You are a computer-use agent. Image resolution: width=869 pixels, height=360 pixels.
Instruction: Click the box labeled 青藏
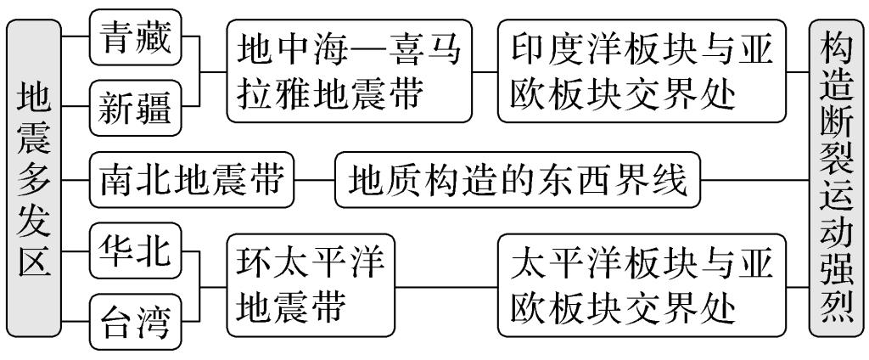[136, 39]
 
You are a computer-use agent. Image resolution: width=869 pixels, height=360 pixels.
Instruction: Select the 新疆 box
[136, 109]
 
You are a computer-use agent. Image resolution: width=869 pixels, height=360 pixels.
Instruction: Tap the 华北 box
[136, 250]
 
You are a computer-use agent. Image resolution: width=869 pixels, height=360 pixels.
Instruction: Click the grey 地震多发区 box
[33, 180]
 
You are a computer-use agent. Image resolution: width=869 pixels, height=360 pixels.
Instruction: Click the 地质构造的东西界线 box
[519, 180]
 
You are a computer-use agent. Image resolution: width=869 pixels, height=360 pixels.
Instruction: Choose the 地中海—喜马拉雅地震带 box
[348, 74]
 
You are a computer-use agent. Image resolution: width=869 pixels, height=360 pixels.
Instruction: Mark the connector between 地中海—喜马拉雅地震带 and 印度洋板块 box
[484, 74]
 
